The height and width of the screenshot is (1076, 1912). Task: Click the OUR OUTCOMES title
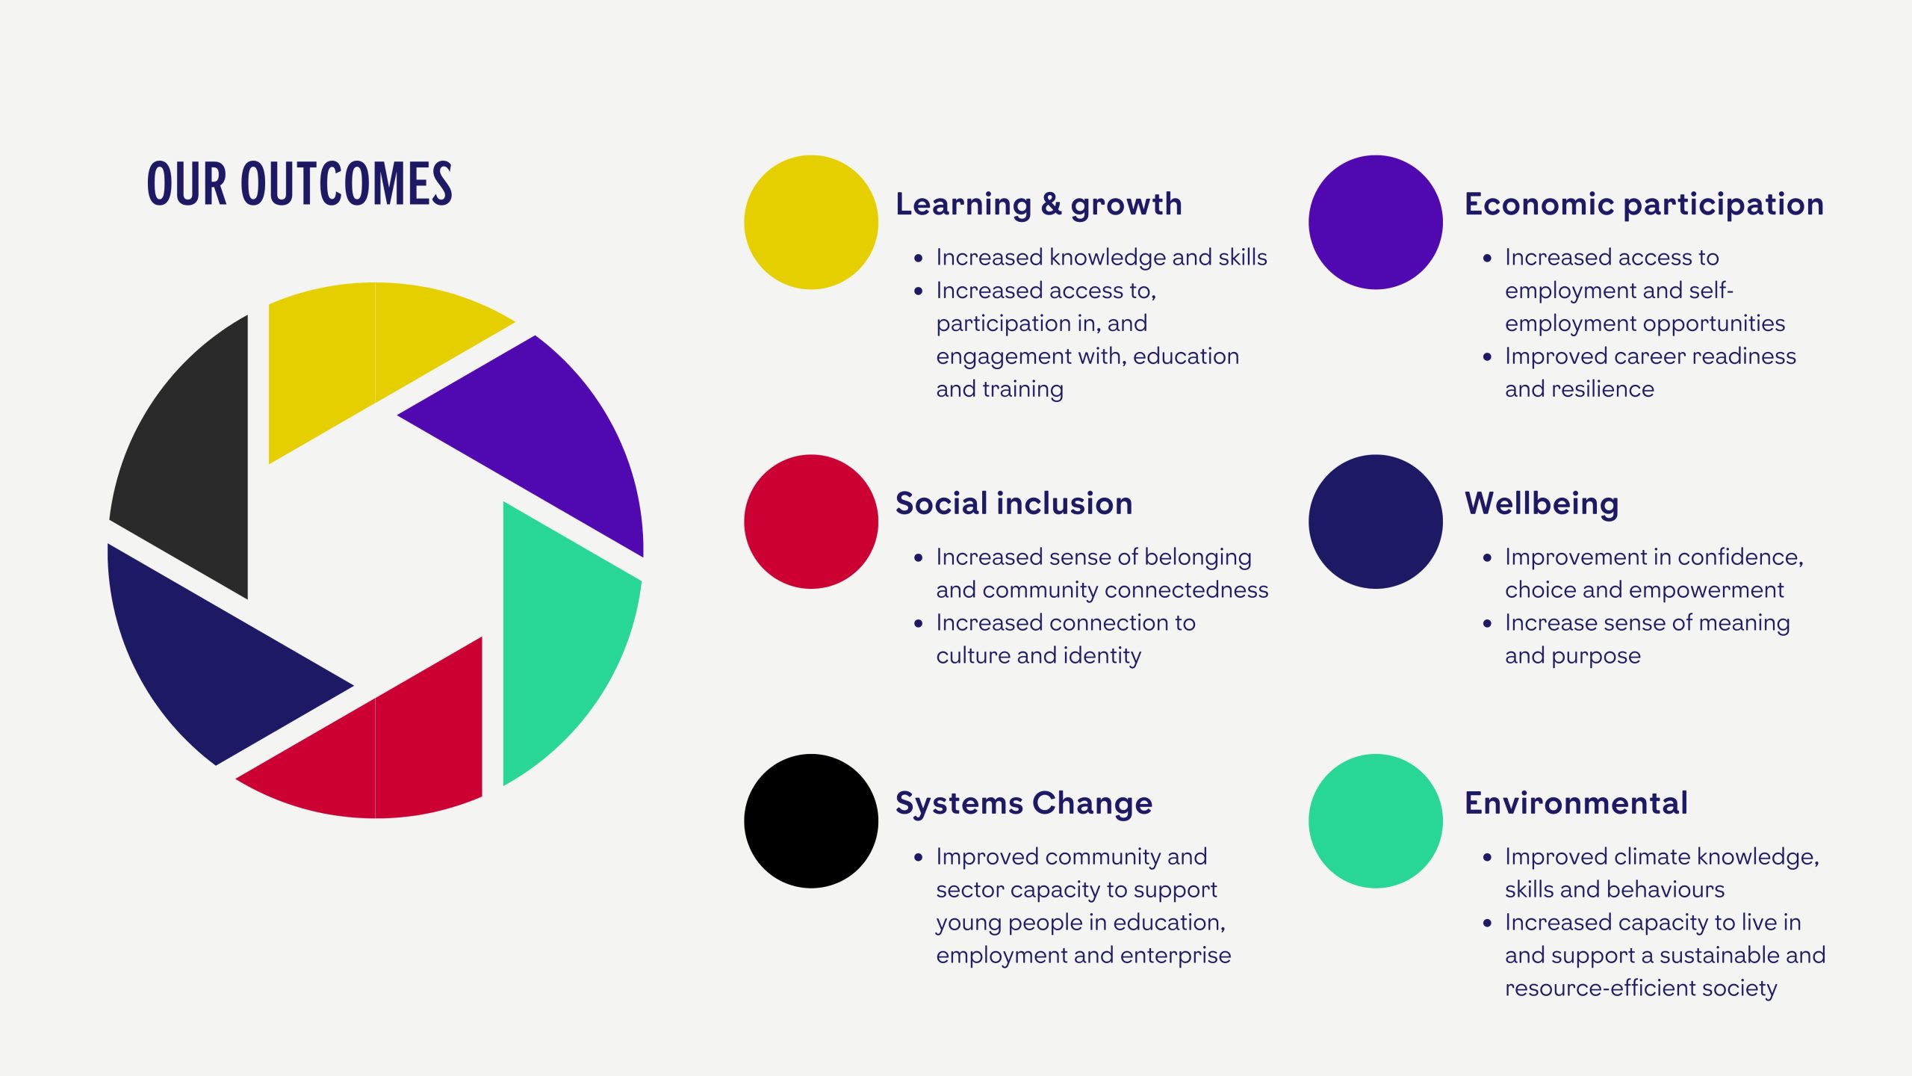(x=299, y=184)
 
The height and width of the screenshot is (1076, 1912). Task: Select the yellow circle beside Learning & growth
(x=811, y=222)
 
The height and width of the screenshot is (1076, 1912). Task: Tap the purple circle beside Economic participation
(x=1376, y=222)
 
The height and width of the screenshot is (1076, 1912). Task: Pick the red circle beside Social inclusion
(x=811, y=522)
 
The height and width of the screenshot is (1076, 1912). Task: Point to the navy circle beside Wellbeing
(x=1376, y=522)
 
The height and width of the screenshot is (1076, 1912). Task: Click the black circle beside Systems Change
(x=811, y=821)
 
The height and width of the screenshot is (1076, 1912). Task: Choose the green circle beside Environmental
(x=1376, y=821)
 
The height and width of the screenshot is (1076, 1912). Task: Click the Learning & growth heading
(x=1039, y=205)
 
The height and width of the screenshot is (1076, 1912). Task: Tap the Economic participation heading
(x=1644, y=205)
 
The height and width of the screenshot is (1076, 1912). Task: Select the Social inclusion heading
(x=1014, y=504)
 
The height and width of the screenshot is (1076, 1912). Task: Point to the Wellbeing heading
(x=1542, y=504)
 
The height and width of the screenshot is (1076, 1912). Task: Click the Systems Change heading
(x=1024, y=804)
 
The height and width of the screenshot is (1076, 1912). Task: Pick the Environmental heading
(x=1576, y=803)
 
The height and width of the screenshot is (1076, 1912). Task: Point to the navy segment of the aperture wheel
(x=202, y=658)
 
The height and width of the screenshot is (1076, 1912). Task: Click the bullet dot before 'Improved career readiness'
(x=1487, y=357)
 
